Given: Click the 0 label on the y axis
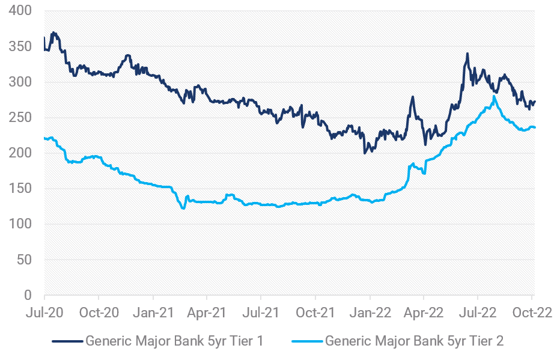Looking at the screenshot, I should [28, 295].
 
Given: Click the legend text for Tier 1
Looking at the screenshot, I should [174, 341].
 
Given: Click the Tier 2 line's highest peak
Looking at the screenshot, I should [493, 96].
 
